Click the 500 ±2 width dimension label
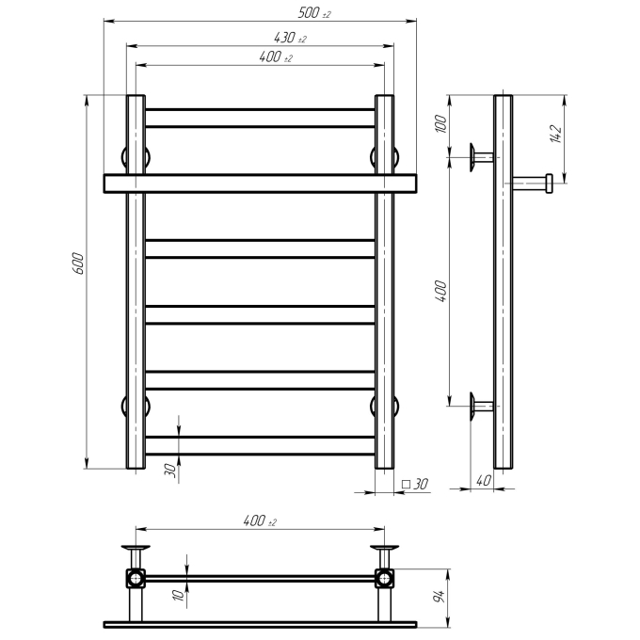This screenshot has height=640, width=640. [313, 13]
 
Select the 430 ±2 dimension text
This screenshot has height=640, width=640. [290, 38]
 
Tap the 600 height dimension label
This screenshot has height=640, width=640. [78, 264]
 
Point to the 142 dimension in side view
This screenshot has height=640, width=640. [556, 134]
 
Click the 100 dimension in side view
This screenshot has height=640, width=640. [441, 123]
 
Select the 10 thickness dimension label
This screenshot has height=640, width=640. [179, 595]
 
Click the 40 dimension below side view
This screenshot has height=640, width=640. [483, 480]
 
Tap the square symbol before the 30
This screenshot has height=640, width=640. [406, 484]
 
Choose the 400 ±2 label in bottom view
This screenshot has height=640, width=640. [260, 521]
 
